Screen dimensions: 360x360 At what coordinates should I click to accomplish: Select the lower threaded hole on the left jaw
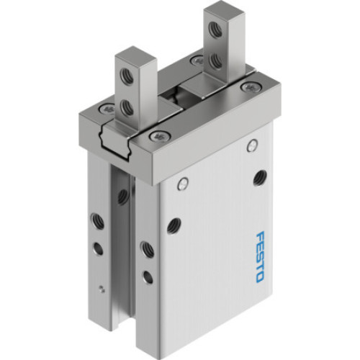point(127,108)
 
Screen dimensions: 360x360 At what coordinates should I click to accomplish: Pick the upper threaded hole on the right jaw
point(214,30)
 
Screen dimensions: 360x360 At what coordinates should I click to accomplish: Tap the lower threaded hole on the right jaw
point(215,61)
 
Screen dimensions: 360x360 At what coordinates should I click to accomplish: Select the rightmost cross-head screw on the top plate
point(251,87)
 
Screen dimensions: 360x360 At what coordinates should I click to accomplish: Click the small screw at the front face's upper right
point(251,146)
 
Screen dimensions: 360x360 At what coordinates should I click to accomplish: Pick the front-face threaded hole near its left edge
point(174,225)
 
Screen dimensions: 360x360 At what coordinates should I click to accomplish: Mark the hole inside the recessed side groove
point(122,194)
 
